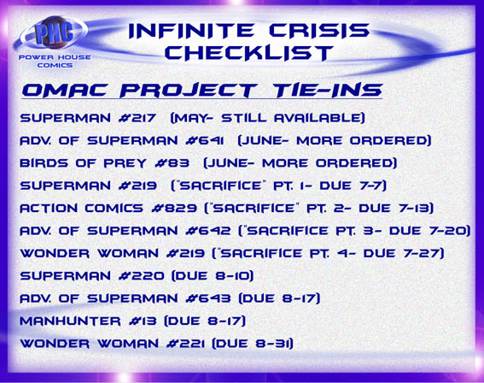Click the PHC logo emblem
(54, 32)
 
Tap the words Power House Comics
(55, 61)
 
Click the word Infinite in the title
(191, 31)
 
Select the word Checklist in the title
(249, 52)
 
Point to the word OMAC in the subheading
(65, 90)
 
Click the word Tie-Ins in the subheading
(328, 90)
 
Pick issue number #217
(137, 118)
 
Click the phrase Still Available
(291, 118)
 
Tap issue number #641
(205, 140)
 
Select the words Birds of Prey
(83, 163)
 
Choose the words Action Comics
(81, 208)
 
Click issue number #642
(208, 231)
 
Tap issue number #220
(142, 276)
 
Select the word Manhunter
(70, 321)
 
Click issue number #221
(185, 344)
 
